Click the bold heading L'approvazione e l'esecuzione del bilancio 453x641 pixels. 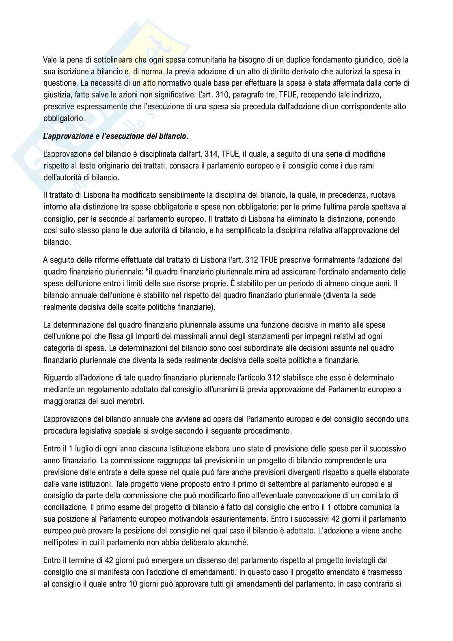pos(116,136)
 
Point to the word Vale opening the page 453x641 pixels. pos(50,60)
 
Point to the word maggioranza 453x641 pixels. pos(65,401)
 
